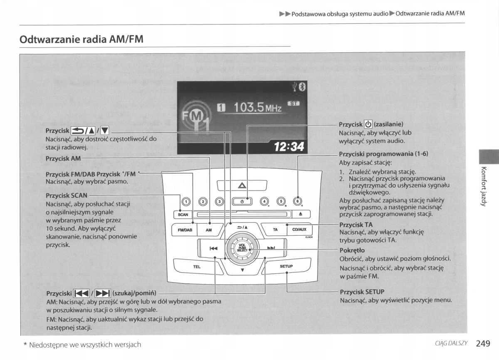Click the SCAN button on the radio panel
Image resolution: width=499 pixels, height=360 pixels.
tap(183, 215)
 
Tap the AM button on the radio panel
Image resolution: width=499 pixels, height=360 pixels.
tap(209, 230)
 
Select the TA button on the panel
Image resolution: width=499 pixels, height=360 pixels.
tap(275, 229)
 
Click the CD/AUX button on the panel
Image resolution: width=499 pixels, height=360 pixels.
tap(299, 229)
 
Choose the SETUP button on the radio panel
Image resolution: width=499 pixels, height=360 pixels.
tap(286, 266)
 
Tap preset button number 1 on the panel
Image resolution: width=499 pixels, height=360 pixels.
tap(186, 202)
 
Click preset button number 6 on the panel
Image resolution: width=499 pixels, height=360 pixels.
tap(297, 202)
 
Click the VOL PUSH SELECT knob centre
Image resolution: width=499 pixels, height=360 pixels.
tap(242, 248)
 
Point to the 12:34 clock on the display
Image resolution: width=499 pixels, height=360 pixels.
tap(289, 146)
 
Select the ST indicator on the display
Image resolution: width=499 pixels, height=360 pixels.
tap(293, 104)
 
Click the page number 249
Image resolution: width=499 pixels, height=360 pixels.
tap(483, 343)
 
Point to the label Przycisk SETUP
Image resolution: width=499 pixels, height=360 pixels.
tap(362, 292)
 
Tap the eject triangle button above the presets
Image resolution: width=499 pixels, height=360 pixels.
tap(242, 185)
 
